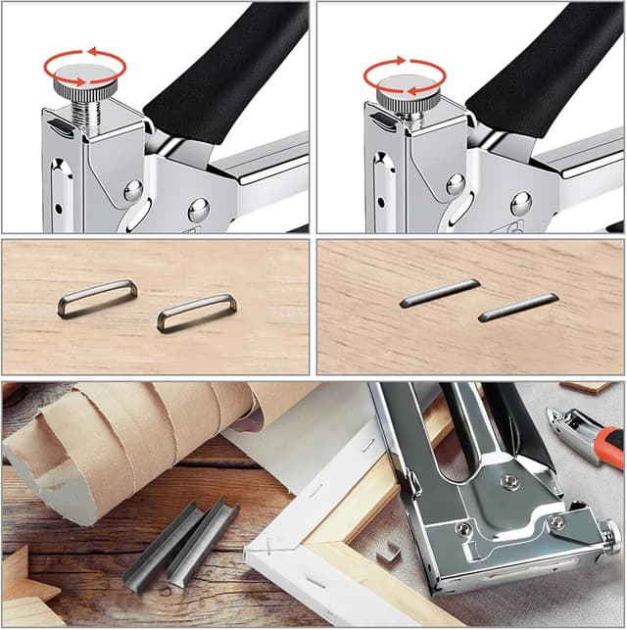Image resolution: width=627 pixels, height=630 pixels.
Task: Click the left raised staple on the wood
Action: (x=97, y=298)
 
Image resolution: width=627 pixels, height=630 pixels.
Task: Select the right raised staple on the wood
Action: (x=196, y=313)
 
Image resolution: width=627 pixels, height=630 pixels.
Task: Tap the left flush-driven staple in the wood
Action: (x=440, y=293)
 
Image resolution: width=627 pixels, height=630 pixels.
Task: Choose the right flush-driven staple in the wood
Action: (x=518, y=307)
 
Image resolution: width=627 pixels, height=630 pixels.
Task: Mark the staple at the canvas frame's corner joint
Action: (x=265, y=546)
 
